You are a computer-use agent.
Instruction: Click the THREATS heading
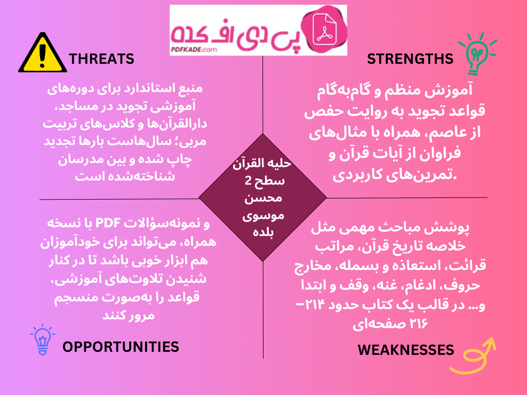pyautogui.click(x=101, y=59)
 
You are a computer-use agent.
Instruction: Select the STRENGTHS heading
pyautogui.click(x=410, y=59)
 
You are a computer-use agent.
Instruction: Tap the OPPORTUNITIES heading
pyautogui.click(x=120, y=347)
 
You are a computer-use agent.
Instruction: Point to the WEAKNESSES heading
pyautogui.click(x=406, y=350)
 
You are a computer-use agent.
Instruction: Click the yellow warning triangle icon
pyautogui.click(x=42, y=53)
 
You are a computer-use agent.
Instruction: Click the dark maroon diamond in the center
pyautogui.click(x=262, y=197)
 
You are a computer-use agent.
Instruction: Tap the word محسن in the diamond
pyautogui.click(x=262, y=197)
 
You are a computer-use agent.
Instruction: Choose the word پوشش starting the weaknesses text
pyautogui.click(x=454, y=228)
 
